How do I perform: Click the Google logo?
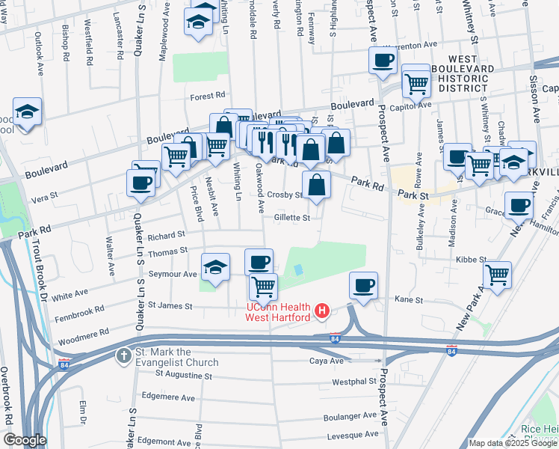tap(24, 440)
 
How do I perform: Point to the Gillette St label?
tap(291, 218)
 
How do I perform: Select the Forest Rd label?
tap(207, 96)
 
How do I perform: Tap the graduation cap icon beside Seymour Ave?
tap(214, 267)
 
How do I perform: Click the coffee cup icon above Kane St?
tap(363, 285)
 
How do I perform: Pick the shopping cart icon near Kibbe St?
tap(497, 275)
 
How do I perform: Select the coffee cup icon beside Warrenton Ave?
tap(383, 61)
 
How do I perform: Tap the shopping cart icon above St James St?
tap(263, 286)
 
